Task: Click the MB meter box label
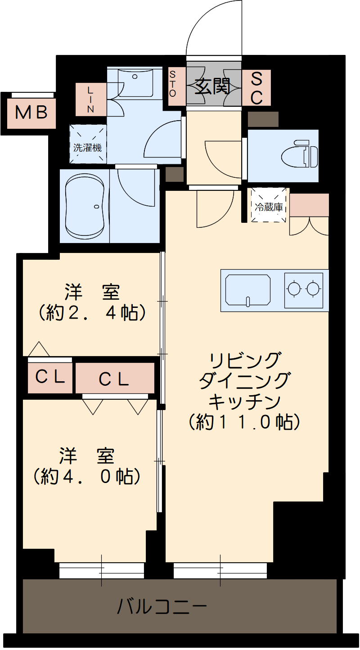click(31, 113)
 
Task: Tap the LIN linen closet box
click(91, 99)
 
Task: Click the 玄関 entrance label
click(213, 86)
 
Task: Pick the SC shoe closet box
click(256, 88)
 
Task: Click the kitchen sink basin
click(248, 290)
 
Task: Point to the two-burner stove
click(304, 289)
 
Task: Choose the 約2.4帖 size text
click(92, 312)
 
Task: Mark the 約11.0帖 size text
click(244, 422)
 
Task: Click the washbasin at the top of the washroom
click(135, 81)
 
